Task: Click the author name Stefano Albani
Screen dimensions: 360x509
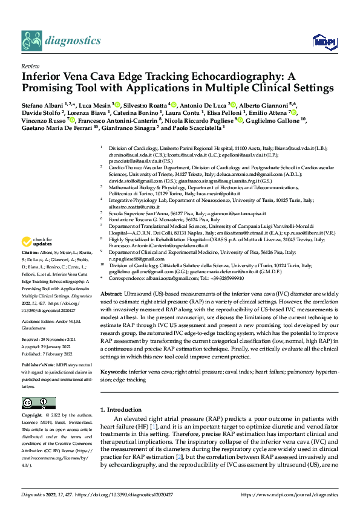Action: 40,105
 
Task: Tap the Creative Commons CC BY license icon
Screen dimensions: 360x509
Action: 39,403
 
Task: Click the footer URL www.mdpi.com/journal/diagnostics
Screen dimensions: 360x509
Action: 289,494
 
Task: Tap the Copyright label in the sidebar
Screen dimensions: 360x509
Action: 32,416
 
